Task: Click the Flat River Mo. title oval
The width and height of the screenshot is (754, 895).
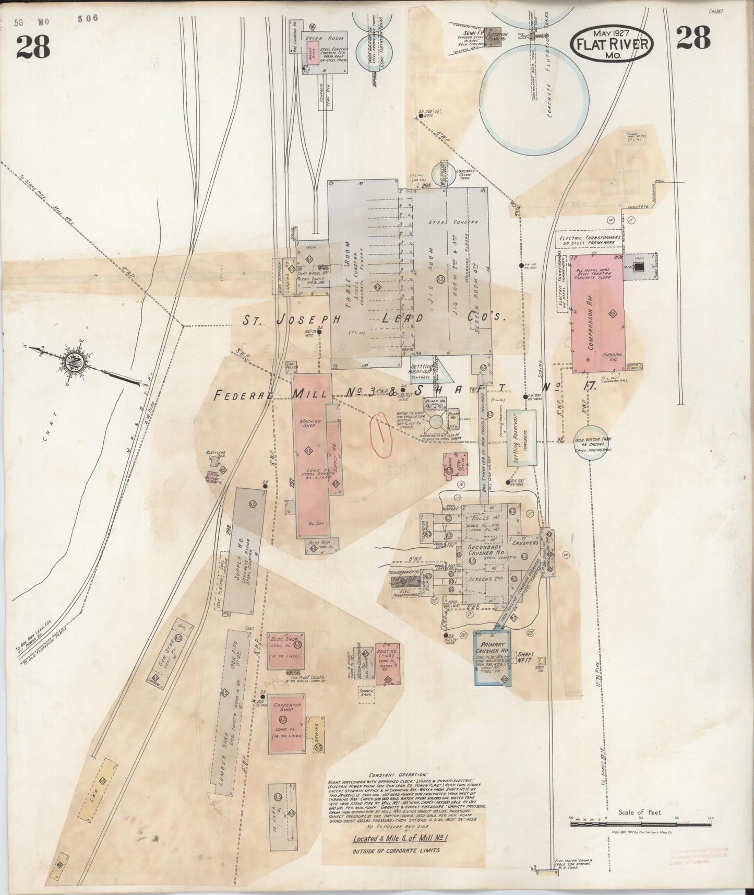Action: pyautogui.click(x=612, y=44)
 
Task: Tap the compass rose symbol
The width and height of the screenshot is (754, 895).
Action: pyautogui.click(x=70, y=361)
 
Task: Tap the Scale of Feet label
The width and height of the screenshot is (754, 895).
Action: pyautogui.click(x=640, y=827)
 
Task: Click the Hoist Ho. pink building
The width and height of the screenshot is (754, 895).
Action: pyautogui.click(x=388, y=664)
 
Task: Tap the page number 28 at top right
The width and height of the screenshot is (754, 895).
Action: pyautogui.click(x=693, y=38)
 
